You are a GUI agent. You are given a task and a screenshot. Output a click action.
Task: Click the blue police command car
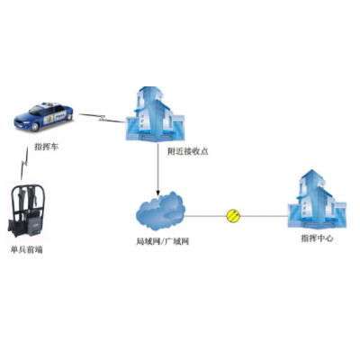44,116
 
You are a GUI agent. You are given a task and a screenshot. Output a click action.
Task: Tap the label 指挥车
47,147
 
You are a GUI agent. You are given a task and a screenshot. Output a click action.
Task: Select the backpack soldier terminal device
26,211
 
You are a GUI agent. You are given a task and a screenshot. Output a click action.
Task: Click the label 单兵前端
26,249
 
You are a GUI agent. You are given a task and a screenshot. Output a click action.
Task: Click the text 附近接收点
188,151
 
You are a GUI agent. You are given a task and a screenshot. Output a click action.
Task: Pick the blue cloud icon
160,211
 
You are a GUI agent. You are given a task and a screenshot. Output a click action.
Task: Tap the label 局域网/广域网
163,241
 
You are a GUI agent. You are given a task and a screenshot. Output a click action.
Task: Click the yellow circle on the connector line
233,216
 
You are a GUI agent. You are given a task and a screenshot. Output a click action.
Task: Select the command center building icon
317,199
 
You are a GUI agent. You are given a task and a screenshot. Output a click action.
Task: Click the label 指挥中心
317,238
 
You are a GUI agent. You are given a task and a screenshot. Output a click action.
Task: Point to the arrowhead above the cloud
158,192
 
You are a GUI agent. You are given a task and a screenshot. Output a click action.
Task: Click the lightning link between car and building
102,118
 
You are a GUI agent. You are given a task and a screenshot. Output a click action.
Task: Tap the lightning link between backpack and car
24,164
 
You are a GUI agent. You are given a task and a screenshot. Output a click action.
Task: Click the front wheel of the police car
35,127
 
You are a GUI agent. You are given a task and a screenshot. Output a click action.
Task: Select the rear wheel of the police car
69,116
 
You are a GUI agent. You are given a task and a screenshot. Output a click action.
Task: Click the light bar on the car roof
48,104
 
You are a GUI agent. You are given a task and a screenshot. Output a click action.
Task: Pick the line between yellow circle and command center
264,216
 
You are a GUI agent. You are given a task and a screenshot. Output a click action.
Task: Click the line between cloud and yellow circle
206,216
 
